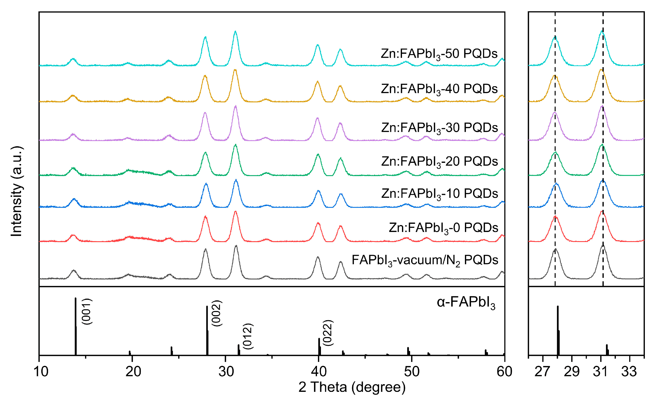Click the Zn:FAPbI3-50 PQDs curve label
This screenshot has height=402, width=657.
pyautogui.click(x=439, y=54)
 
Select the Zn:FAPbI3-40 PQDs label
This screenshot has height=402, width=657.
pyautogui.click(x=439, y=89)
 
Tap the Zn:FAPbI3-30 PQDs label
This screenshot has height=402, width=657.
pyautogui.click(x=439, y=128)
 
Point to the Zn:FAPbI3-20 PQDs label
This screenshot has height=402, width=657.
pyautogui.click(x=439, y=162)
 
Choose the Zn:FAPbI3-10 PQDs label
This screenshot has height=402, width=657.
pyautogui.click(x=439, y=194)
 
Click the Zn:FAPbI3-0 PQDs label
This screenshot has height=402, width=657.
pyautogui.click(x=443, y=228)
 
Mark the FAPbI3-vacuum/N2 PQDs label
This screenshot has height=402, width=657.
pyautogui.click(x=425, y=260)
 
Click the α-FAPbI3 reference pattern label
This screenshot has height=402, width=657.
pyautogui.click(x=466, y=303)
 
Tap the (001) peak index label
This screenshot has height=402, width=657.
pyautogui.click(x=87, y=312)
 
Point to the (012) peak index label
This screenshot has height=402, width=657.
pyautogui.click(x=248, y=336)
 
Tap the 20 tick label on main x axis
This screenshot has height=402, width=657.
pyautogui.click(x=133, y=372)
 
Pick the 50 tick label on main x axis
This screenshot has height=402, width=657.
pyautogui.click(x=412, y=372)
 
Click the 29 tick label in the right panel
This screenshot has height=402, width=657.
pyautogui.click(x=572, y=372)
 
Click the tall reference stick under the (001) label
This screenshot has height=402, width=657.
pyautogui.click(x=76, y=327)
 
